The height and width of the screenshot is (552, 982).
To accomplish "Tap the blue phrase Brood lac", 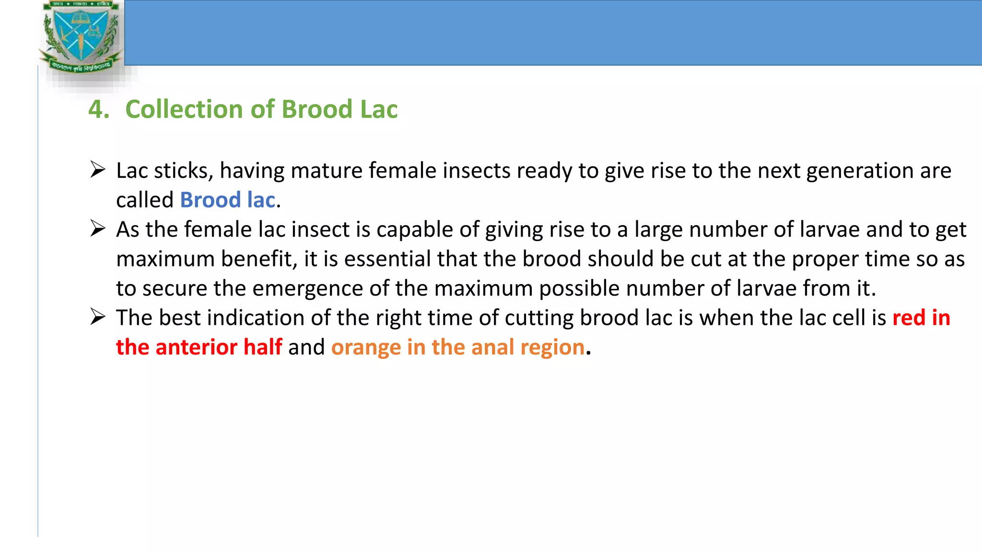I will click(x=227, y=200).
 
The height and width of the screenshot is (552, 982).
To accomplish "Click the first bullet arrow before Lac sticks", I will click(x=98, y=170).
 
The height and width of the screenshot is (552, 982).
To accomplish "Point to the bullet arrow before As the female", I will click(x=98, y=229).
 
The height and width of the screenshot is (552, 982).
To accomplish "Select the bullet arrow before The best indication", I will click(x=98, y=317).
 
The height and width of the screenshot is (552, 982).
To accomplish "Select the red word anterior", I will click(x=197, y=347).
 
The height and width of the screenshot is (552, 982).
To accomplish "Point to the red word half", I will click(x=263, y=347).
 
